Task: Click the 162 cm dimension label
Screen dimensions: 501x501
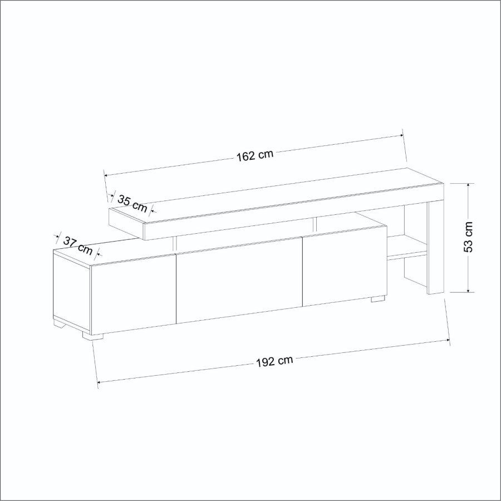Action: click(x=254, y=155)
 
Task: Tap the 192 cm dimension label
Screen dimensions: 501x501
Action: click(x=274, y=361)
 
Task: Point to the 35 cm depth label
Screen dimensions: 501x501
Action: click(x=133, y=204)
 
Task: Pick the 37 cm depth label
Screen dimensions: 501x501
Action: click(x=77, y=244)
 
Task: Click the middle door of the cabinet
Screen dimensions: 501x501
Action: click(x=239, y=281)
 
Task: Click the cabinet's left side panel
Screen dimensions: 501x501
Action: click(x=71, y=289)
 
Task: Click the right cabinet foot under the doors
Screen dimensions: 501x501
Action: click(x=378, y=299)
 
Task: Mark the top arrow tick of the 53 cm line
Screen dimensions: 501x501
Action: click(x=469, y=184)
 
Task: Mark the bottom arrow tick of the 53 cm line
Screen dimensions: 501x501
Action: click(x=469, y=291)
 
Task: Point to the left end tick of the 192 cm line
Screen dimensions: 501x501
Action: click(x=98, y=382)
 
